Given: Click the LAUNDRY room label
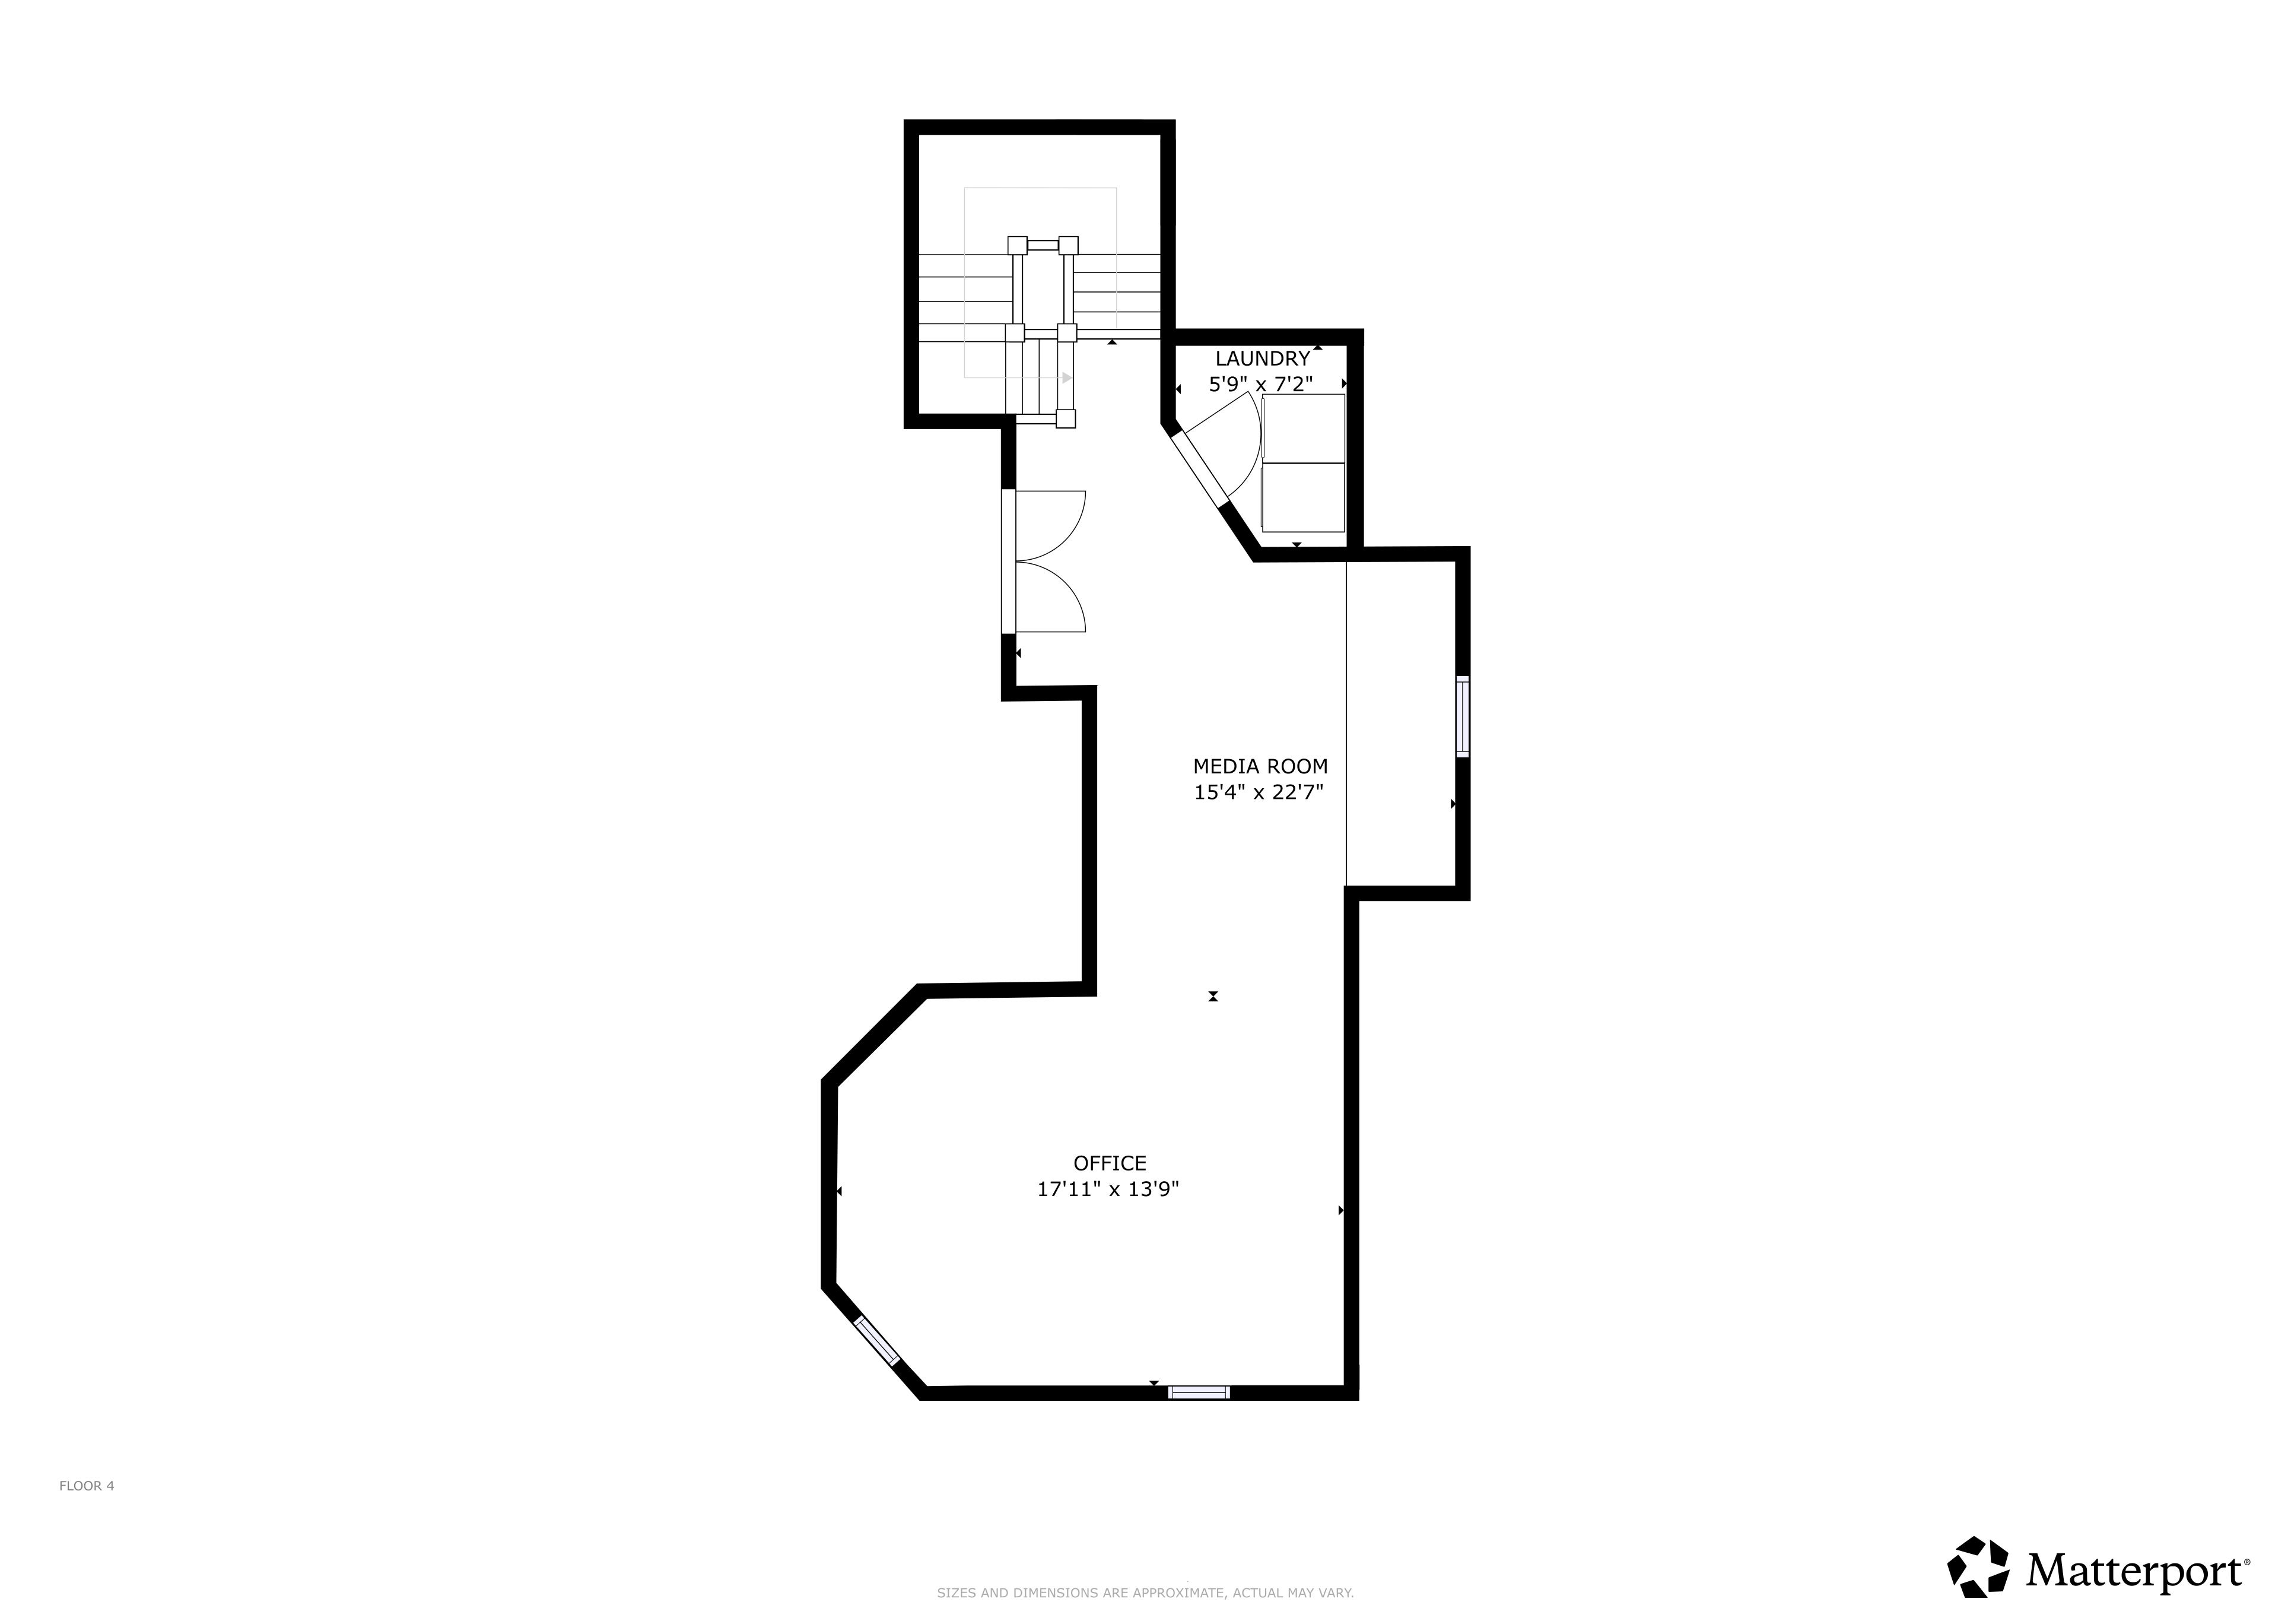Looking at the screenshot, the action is pos(1262,359).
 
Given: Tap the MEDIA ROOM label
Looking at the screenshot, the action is pos(1260,767).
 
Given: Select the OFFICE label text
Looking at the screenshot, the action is pos(1110,1163).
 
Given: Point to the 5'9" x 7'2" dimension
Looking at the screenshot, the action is pos(1262,383).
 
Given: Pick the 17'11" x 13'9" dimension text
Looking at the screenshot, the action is pos(1108,1189).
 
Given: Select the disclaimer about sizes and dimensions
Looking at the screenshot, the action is pos(1145,1593).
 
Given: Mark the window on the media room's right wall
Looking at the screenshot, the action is pos(1463,716).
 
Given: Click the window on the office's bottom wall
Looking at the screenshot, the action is pos(1199,1392).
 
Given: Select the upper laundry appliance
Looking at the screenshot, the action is pos(1303,428).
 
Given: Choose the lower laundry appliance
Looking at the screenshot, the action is pos(1303,497).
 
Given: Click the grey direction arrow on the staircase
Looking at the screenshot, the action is pos(1067,378).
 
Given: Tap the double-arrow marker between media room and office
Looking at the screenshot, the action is pos(1213,996).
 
